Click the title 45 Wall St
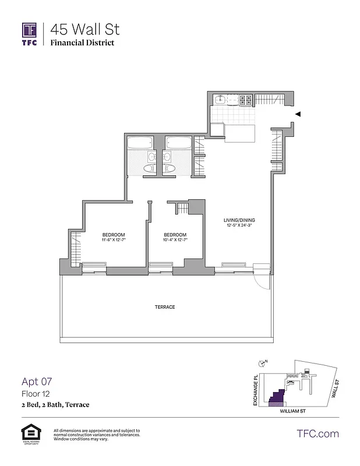pyautogui.click(x=85, y=29)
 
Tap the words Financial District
pyautogui.click(x=82, y=43)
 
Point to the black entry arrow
pyautogui.click(x=298, y=114)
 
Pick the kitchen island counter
pyautogui.click(x=241, y=132)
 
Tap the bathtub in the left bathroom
pyautogui.click(x=140, y=143)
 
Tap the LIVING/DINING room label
pyautogui.click(x=239, y=220)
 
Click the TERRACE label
pyautogui.click(x=165, y=307)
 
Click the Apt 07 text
pyautogui.click(x=37, y=382)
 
